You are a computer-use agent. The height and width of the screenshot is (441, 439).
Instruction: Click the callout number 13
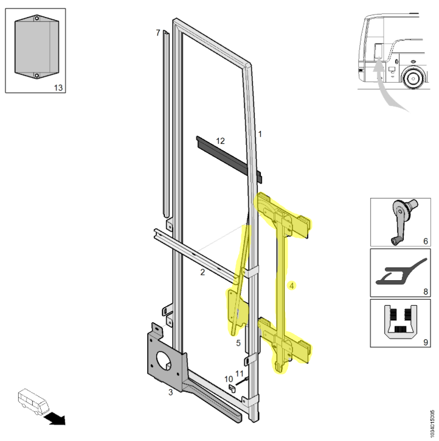click(58, 88)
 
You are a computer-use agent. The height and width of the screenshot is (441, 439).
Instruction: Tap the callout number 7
click(158, 33)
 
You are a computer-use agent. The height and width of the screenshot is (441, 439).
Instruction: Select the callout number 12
click(220, 141)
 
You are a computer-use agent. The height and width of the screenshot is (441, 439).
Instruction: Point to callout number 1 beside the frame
click(260, 134)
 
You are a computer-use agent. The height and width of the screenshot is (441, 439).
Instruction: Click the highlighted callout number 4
click(292, 286)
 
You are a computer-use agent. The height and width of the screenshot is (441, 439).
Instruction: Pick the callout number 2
click(202, 272)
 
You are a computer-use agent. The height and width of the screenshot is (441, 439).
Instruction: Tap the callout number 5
click(238, 343)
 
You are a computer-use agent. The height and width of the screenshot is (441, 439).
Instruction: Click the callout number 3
click(170, 392)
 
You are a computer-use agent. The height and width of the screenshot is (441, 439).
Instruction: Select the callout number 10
click(229, 379)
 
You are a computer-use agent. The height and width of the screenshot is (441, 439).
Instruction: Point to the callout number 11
click(239, 373)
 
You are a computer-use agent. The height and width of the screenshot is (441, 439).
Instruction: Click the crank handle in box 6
click(403, 221)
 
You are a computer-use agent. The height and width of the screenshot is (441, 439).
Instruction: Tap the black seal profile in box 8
click(402, 272)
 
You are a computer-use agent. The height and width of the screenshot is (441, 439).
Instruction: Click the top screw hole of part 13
click(36, 18)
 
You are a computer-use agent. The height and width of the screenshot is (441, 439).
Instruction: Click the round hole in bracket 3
click(164, 361)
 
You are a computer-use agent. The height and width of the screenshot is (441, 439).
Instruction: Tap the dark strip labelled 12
click(229, 160)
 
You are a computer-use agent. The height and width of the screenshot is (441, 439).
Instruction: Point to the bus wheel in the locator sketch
click(413, 79)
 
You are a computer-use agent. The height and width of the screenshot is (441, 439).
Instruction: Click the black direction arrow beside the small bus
click(55, 419)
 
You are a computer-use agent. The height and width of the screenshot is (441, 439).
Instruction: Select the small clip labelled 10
click(232, 389)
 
